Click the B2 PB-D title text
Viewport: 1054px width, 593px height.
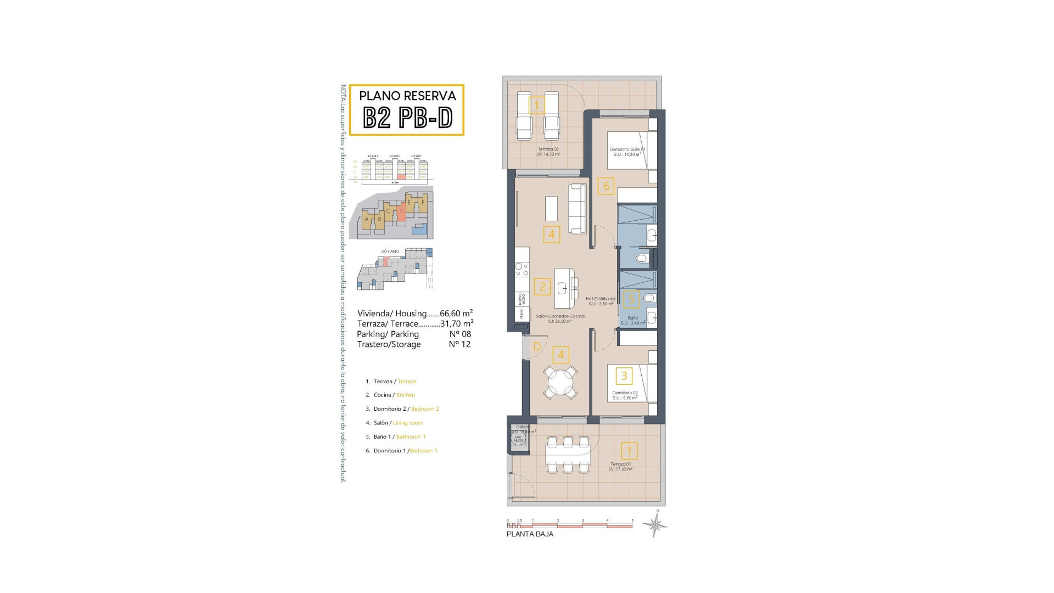click(407, 117)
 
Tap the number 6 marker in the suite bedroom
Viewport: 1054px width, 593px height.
click(606, 186)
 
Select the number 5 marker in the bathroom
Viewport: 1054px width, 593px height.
click(631, 299)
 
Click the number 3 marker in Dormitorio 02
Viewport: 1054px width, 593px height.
click(624, 376)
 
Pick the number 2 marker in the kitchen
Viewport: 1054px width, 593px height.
click(542, 286)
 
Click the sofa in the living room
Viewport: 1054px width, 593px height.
click(578, 209)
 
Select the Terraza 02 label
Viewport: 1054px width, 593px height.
click(548, 149)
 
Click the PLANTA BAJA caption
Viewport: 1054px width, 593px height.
click(530, 534)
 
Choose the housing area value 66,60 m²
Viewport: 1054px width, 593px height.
click(456, 313)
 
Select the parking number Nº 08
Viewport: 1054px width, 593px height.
click(460, 334)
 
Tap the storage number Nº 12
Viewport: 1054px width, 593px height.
click(460, 344)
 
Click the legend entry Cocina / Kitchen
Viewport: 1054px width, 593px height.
click(394, 395)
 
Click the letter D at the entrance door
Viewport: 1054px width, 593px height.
click(537, 346)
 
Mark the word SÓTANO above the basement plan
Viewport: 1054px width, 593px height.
click(390, 251)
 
